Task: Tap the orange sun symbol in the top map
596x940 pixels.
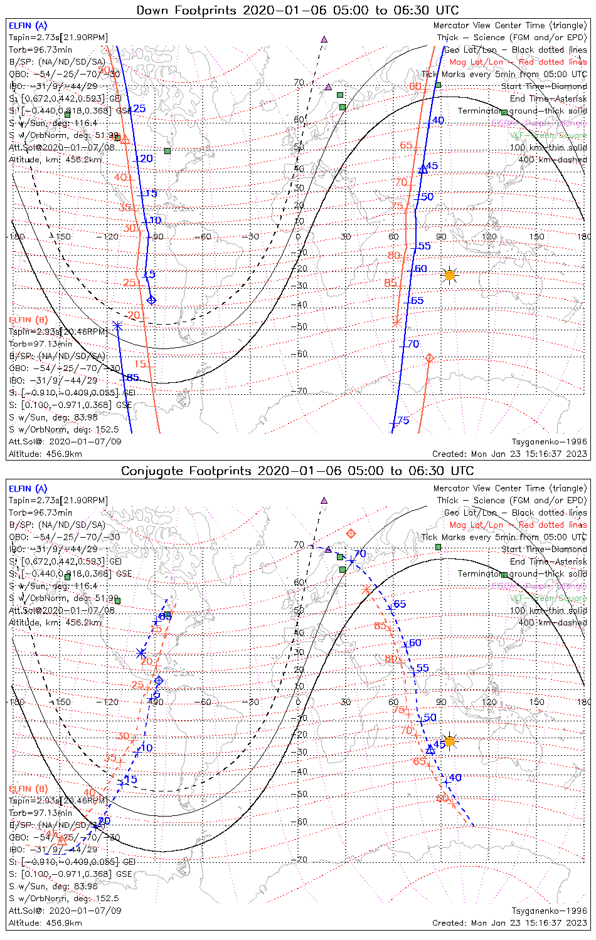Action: pyautogui.click(x=449, y=274)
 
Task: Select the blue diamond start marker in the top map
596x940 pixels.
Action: pyautogui.click(x=151, y=300)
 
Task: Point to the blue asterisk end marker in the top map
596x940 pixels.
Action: pyautogui.click(x=118, y=325)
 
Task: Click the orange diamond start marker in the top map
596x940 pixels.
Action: pyautogui.click(x=430, y=358)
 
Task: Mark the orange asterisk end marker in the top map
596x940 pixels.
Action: pyautogui.click(x=396, y=322)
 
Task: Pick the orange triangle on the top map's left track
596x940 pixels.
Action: pyautogui.click(x=125, y=138)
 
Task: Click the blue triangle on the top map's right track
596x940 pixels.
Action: pyautogui.click(x=423, y=168)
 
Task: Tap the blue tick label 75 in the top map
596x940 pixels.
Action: pyautogui.click(x=403, y=420)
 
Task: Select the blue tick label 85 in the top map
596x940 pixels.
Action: pyautogui.click(x=132, y=378)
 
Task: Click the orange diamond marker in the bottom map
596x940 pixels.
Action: pyautogui.click(x=351, y=534)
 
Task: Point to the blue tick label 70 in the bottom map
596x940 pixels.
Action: pyautogui.click(x=360, y=554)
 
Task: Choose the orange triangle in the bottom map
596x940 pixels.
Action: pyautogui.click(x=62, y=840)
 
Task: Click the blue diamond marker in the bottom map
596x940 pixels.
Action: pyautogui.click(x=159, y=681)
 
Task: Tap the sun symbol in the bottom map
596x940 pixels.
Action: pyautogui.click(x=449, y=741)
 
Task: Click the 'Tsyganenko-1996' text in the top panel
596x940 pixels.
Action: pyautogui.click(x=549, y=442)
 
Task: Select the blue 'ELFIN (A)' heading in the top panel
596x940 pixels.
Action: pyautogui.click(x=28, y=26)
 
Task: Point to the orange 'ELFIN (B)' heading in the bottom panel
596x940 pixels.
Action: pyautogui.click(x=28, y=788)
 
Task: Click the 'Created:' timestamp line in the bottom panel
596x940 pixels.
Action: pyautogui.click(x=509, y=922)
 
